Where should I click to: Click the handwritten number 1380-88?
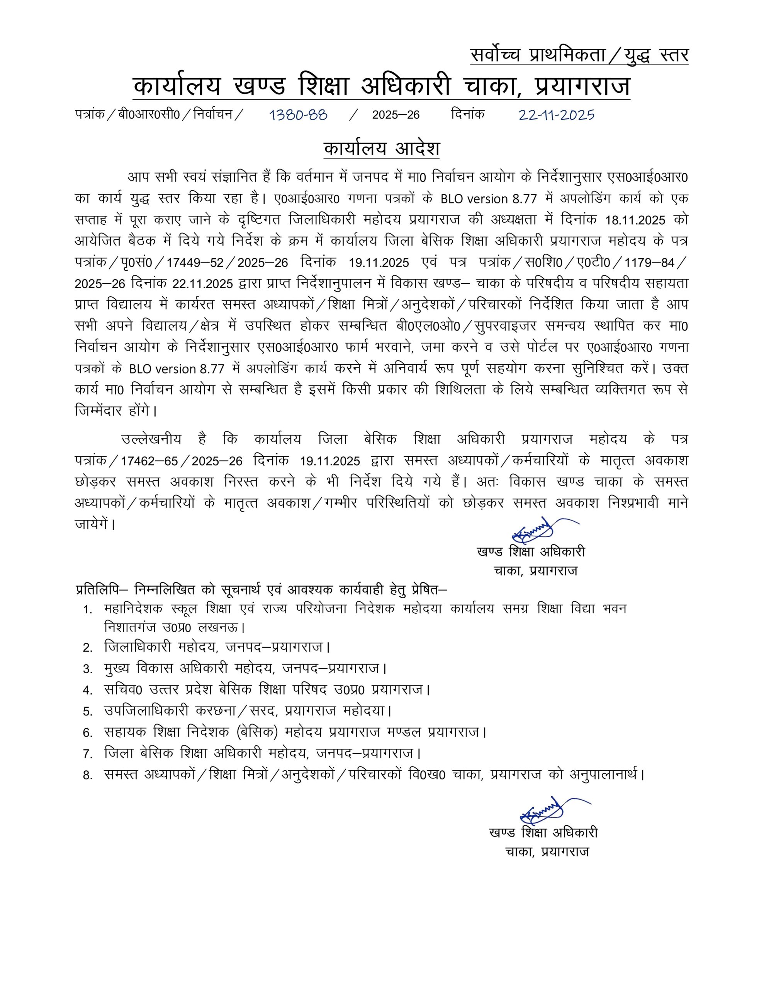[299, 115]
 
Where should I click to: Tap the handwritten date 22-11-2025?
[556, 115]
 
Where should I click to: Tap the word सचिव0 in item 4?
[123, 690]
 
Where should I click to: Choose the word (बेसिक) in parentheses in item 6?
[260, 732]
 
